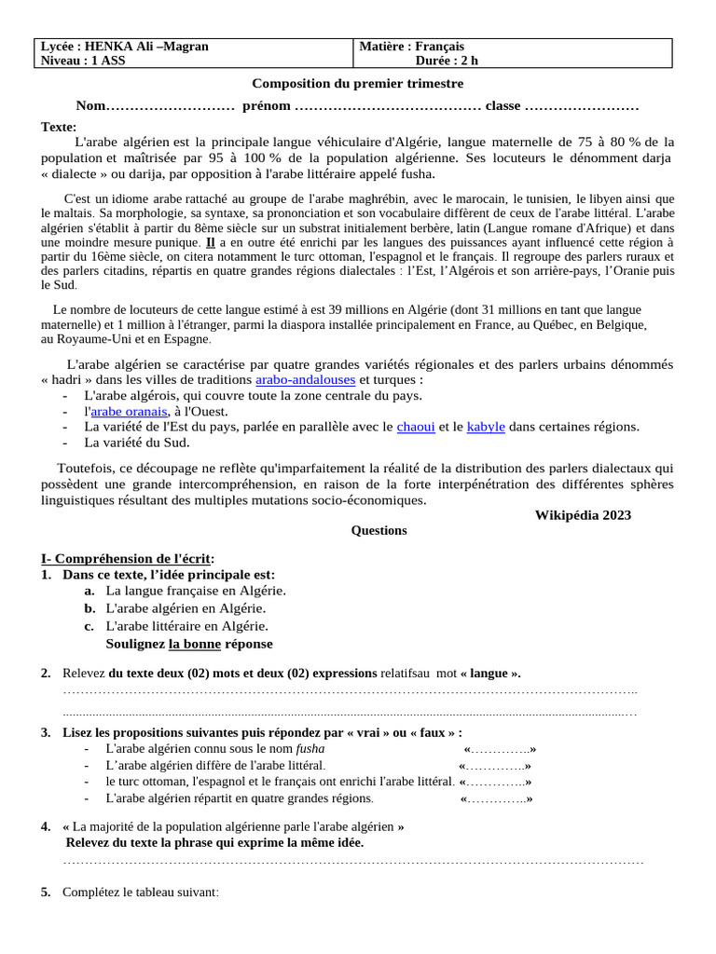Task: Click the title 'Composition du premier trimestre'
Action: coord(358,84)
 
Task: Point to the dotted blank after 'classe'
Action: coord(582,105)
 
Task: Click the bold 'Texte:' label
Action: coord(59,127)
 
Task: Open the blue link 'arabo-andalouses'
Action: coord(305,380)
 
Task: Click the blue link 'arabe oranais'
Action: coord(129,411)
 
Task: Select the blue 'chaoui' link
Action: coord(416,427)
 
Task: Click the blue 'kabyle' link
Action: coord(486,427)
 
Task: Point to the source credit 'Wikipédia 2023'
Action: coord(583,515)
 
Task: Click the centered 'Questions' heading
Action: coord(379,531)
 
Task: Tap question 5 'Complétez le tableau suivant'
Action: coord(140,893)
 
